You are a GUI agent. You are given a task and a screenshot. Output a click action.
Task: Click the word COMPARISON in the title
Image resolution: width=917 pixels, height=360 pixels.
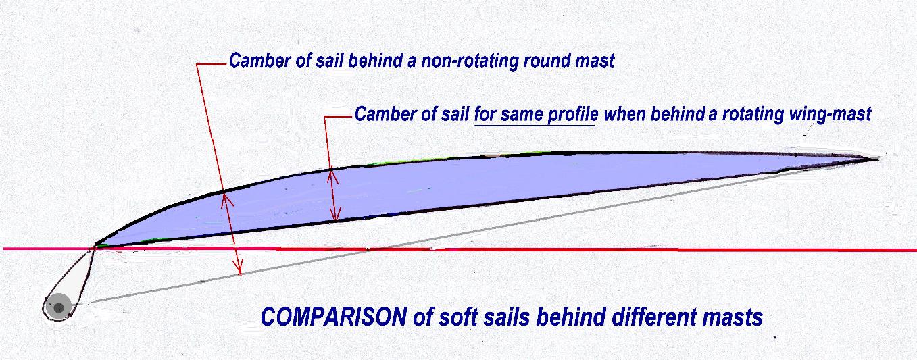[334, 317]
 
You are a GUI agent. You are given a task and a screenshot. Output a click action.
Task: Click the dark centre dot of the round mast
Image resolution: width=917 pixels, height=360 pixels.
[59, 307]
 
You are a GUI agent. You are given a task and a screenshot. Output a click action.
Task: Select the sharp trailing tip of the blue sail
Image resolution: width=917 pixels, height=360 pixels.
[878, 159]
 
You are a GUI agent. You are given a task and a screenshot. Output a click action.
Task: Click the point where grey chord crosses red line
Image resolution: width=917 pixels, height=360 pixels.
[368, 249]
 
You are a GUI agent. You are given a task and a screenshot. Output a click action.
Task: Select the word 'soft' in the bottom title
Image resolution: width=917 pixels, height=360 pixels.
[454, 317]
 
